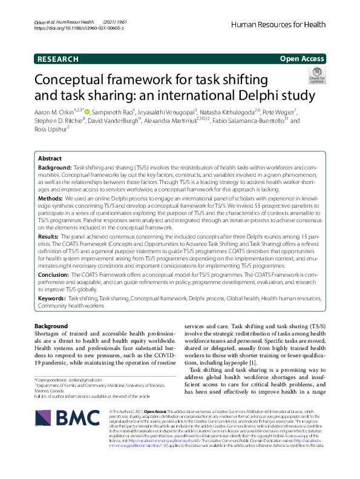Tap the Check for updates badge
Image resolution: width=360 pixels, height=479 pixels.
[316, 76]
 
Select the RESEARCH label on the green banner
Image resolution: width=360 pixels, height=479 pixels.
[58, 59]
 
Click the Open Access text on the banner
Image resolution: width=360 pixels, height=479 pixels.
[303, 59]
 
